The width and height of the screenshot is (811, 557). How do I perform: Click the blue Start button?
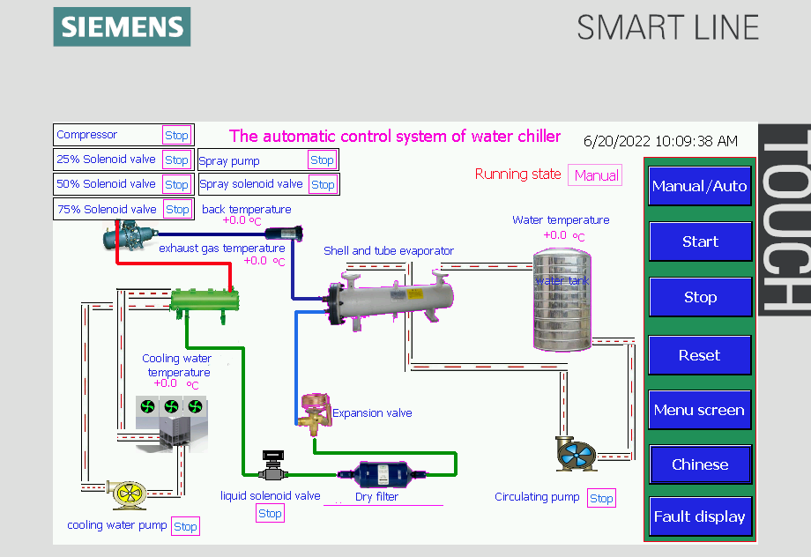click(x=700, y=241)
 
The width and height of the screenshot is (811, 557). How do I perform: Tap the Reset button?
click(x=700, y=355)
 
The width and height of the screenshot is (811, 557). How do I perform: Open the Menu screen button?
click(x=700, y=410)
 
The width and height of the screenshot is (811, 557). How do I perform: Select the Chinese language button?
click(x=700, y=464)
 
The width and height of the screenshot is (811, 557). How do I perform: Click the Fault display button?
click(x=700, y=516)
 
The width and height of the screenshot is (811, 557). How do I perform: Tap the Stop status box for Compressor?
click(x=176, y=135)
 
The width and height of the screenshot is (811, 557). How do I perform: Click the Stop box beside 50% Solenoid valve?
click(x=176, y=184)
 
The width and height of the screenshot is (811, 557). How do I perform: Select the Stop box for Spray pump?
click(x=322, y=160)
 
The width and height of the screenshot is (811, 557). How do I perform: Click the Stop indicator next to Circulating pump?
click(x=601, y=498)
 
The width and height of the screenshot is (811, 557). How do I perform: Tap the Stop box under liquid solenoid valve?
click(x=270, y=513)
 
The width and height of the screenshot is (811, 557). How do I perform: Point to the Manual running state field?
click(x=596, y=175)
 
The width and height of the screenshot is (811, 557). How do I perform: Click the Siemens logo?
click(x=122, y=26)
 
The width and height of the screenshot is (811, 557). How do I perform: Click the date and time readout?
click(x=660, y=141)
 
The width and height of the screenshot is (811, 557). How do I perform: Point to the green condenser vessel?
click(x=205, y=300)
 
